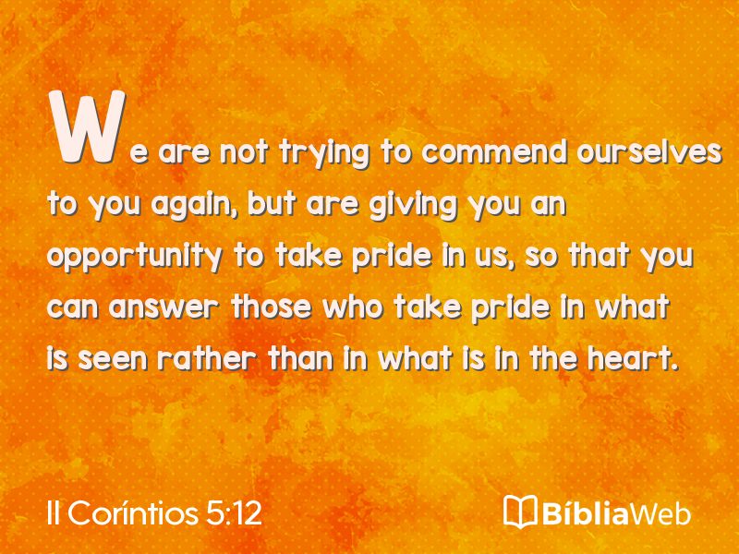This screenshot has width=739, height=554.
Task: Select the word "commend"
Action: (x=494, y=152)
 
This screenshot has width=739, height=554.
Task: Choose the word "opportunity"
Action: (x=135, y=258)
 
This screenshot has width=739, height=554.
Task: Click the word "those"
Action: (x=271, y=307)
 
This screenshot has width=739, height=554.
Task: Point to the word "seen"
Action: (x=113, y=360)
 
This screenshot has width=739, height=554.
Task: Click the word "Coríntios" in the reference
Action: (x=132, y=512)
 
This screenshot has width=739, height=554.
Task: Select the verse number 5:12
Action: (x=234, y=513)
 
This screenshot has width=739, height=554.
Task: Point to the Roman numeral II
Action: (x=54, y=513)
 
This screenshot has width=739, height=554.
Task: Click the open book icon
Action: (x=520, y=512)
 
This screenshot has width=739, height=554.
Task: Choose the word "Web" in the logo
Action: (x=660, y=513)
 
